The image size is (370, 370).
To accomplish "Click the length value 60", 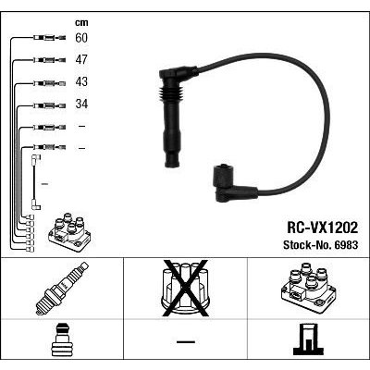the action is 81,38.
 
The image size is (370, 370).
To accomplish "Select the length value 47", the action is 81,59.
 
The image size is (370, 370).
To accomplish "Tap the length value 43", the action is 81,81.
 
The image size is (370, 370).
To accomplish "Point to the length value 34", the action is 81,104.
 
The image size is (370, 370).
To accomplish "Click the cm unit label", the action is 81,22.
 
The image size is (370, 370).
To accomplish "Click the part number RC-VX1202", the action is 322,228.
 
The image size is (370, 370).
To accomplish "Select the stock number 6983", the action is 321,245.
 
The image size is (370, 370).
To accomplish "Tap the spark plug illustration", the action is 62,289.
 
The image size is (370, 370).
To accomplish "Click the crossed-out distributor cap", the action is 185,288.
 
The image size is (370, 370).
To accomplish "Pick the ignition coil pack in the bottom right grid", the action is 309,288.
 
